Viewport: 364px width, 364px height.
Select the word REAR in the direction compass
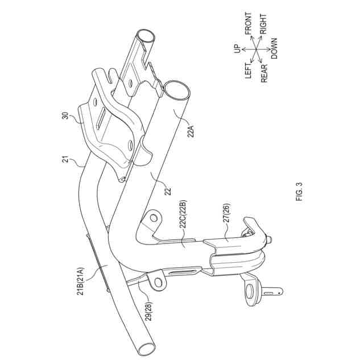pos(264,73)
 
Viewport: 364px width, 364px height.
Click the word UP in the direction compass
pos(238,49)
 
